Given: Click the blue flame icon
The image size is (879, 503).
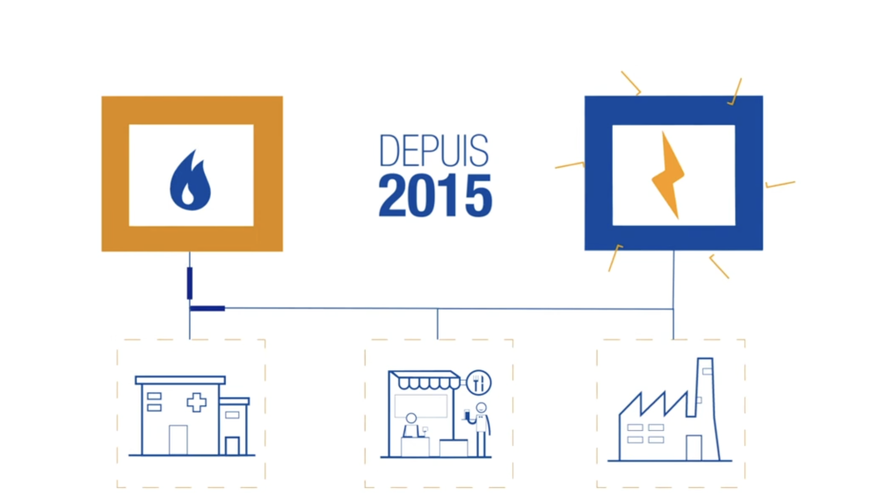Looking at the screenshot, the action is [190, 180].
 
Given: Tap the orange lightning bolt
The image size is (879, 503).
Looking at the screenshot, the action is [668, 175].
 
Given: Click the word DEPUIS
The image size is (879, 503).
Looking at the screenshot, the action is [434, 150].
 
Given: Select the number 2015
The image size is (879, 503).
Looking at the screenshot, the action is [436, 196].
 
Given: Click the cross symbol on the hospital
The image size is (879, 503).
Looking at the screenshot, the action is [196, 402].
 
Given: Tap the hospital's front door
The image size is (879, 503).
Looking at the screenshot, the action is [178, 440].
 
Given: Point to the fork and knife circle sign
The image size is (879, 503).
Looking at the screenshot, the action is [479, 383].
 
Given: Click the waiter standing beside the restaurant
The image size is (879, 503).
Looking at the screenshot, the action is [480, 429].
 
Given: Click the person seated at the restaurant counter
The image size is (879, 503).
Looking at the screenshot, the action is [410, 426].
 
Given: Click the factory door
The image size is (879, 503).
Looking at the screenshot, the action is [694, 448].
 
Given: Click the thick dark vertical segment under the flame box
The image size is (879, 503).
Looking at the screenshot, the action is [190, 283].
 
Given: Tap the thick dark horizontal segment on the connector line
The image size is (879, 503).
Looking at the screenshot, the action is [207, 309].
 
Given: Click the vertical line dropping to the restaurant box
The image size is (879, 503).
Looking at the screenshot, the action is [437, 324].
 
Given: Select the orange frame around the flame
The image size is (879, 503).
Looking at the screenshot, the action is [115, 174].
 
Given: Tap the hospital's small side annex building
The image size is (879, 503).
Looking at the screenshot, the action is [234, 426].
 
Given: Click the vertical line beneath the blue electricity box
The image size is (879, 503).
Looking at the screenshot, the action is [673, 295].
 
